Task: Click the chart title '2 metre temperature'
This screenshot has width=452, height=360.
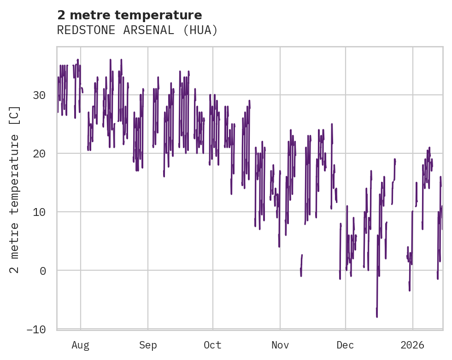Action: (x=129, y=15)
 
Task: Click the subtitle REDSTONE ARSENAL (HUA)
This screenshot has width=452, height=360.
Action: (x=137, y=30)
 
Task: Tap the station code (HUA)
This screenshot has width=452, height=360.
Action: (x=201, y=30)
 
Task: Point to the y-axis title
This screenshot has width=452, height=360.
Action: (x=15, y=190)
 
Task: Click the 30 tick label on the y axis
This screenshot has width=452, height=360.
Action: (x=39, y=95)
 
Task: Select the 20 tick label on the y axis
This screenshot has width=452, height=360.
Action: (x=39, y=154)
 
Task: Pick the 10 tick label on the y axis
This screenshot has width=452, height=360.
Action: (x=39, y=212)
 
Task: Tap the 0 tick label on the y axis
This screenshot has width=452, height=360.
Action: (x=43, y=271)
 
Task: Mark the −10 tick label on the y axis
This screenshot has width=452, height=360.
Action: (x=36, y=329)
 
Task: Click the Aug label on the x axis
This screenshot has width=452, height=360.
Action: (x=81, y=345)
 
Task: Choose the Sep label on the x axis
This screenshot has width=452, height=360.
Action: (x=148, y=345)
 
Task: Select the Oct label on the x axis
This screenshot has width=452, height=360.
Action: (x=213, y=345)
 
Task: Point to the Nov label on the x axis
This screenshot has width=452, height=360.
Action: (x=280, y=345)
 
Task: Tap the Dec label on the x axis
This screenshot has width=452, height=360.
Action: (x=345, y=345)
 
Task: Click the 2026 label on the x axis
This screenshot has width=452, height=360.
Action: (x=413, y=345)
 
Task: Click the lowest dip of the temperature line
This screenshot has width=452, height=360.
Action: (x=377, y=317)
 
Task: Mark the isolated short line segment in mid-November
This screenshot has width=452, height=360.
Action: (x=301, y=265)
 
